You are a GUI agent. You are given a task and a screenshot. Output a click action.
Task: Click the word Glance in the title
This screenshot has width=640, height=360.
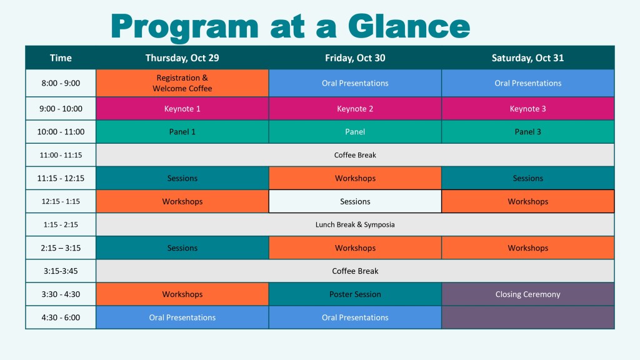(x=409, y=26)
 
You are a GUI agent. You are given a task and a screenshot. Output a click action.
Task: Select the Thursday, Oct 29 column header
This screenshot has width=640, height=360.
(x=182, y=58)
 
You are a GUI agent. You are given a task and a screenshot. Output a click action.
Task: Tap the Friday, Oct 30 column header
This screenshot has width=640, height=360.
(x=355, y=58)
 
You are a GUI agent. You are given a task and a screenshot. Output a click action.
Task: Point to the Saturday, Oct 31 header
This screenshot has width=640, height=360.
(x=527, y=58)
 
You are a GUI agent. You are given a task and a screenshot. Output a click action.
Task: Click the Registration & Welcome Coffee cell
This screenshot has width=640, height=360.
(x=182, y=83)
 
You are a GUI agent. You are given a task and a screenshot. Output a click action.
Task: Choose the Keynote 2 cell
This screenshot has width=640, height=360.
(x=355, y=109)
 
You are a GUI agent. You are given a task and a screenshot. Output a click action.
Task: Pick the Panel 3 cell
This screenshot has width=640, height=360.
(x=527, y=132)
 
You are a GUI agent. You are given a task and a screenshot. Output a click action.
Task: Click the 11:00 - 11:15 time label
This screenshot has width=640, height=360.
(x=61, y=155)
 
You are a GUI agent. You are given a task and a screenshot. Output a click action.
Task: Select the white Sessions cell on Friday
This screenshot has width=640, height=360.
(x=355, y=201)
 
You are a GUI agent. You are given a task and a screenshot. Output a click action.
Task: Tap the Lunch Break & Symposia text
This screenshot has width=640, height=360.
(x=355, y=224)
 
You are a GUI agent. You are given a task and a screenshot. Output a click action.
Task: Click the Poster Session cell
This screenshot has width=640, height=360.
(x=355, y=294)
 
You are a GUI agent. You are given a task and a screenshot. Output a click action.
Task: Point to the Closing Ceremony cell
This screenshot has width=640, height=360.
(x=527, y=294)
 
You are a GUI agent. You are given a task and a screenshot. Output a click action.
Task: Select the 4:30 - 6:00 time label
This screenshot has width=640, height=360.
(x=61, y=317)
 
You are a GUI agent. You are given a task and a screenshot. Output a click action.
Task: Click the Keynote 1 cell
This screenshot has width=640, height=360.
(x=182, y=109)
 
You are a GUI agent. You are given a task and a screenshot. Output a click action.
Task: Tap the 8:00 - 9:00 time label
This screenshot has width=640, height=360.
(x=61, y=83)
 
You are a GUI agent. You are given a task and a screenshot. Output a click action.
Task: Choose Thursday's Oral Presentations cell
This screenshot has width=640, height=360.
(x=182, y=317)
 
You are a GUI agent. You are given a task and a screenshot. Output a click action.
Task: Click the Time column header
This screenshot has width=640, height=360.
(x=61, y=58)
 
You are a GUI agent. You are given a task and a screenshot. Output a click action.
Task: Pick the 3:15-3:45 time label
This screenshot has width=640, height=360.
(x=61, y=271)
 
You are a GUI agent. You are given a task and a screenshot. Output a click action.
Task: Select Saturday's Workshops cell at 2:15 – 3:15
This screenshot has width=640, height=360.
(x=527, y=247)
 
